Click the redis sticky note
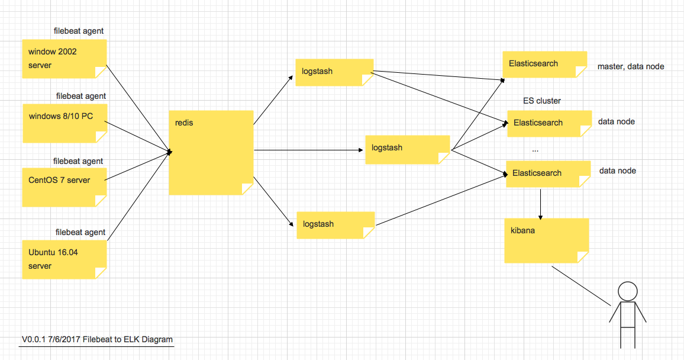[x=211, y=152]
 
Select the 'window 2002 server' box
[x=64, y=59]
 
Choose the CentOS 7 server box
[x=64, y=187]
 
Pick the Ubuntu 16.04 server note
[x=64, y=259]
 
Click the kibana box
[x=546, y=240]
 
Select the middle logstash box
[x=408, y=150]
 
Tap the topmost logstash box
[x=334, y=72]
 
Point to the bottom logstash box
[x=335, y=225]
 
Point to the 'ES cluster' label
[x=542, y=101]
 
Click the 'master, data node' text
[x=631, y=67]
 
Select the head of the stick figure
[x=627, y=291]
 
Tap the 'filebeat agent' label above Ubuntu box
[x=80, y=233]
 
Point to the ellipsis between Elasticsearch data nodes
[x=535, y=148]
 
